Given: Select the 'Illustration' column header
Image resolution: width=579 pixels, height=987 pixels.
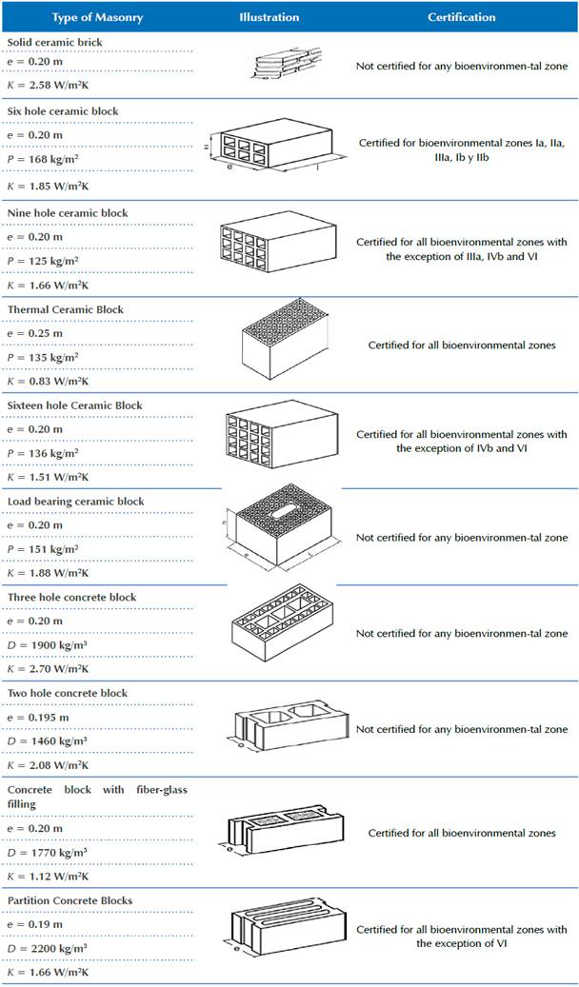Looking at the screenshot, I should click(x=269, y=17).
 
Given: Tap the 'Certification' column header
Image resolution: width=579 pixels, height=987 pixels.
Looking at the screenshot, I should click(x=461, y=17).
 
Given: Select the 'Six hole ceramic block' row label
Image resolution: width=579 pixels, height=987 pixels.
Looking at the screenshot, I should click(x=63, y=111).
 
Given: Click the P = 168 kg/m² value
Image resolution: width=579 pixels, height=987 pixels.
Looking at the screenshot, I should click(x=43, y=160).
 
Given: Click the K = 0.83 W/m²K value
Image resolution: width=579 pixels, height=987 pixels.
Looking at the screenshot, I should click(x=47, y=381).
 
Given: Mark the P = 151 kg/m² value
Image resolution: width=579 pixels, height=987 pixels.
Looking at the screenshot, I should click(x=43, y=548).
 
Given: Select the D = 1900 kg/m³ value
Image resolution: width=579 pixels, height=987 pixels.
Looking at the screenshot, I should click(x=48, y=644).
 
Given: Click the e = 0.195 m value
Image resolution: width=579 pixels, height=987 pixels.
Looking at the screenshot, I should click(x=38, y=716).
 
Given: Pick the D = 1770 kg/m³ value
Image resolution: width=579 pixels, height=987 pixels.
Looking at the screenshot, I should click(x=48, y=853).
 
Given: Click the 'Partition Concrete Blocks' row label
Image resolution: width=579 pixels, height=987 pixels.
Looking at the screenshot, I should click(x=70, y=900).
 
